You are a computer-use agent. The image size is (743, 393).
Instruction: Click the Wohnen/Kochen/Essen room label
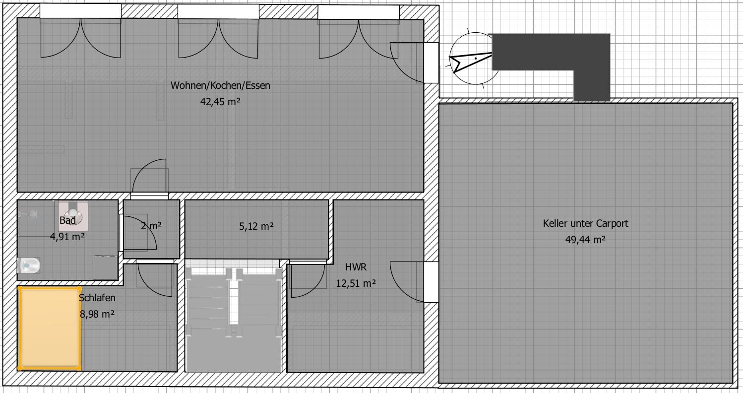point(220,85)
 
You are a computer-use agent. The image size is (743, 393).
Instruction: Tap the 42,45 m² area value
point(220,101)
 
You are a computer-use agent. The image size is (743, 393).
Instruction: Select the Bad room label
point(67,220)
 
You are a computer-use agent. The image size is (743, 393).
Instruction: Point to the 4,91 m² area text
point(67,236)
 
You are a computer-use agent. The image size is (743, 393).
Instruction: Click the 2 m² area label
point(151,226)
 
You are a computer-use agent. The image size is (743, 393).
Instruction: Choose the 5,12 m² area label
point(256,226)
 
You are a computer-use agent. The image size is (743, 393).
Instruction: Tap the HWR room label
point(356,267)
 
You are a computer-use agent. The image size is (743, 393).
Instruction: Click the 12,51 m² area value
point(356,283)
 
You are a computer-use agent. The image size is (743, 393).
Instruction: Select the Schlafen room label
point(97,298)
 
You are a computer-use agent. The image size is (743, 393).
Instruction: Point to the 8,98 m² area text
point(97,314)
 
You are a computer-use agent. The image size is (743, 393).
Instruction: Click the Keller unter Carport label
point(585,223)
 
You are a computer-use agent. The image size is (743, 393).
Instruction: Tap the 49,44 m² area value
point(585,239)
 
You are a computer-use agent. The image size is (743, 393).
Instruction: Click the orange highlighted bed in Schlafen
point(50,328)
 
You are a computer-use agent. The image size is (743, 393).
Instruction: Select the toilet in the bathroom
point(29,265)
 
